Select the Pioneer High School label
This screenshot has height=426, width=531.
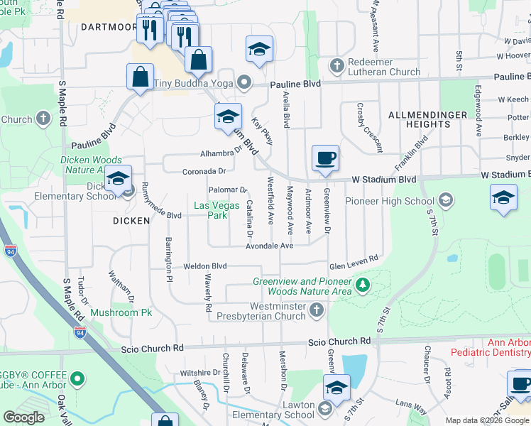click(x=390, y=201)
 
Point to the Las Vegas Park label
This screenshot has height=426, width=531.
click(x=211, y=210)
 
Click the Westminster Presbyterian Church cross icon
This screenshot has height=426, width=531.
click(x=317, y=310)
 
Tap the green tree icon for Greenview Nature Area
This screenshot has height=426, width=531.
click(x=363, y=285)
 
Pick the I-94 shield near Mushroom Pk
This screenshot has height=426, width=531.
click(x=81, y=332)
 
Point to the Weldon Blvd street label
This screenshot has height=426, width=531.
click(x=204, y=266)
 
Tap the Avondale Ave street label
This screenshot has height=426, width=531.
click(x=270, y=246)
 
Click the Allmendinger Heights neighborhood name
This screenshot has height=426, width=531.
click(x=428, y=119)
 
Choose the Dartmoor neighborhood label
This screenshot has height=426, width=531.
click(x=109, y=27)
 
